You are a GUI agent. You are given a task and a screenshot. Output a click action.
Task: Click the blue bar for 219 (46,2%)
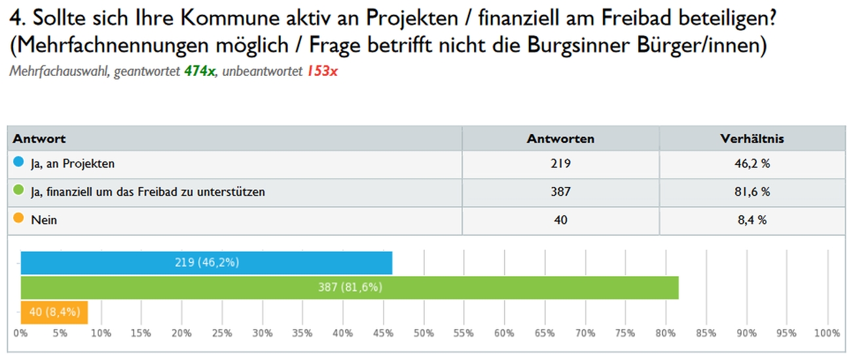pos(206,262)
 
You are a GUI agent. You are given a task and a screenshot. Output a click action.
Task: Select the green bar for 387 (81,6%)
pos(350,287)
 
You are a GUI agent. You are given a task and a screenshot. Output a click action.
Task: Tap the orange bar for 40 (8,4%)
pos(54,312)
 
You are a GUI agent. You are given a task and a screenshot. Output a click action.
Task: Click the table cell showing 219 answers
pos(560,164)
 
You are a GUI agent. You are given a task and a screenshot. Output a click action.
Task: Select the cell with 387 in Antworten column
pos(560,192)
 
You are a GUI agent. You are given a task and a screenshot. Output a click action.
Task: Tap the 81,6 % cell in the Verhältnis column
pos(751,192)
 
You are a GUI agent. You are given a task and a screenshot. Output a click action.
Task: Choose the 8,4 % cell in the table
pos(751,220)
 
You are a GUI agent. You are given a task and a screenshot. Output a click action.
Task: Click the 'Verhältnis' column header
pos(751,139)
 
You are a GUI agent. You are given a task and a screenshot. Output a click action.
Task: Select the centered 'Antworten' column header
pos(560,139)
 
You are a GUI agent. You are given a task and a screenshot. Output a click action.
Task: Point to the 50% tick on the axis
pos(424,333)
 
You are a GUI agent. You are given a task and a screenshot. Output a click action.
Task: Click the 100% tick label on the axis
pos(827,333)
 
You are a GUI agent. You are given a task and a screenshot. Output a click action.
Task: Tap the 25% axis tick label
pos(222,333)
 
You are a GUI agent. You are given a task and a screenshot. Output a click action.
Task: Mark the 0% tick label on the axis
pos(21,333)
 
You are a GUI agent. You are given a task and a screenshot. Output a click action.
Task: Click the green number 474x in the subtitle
pos(200,71)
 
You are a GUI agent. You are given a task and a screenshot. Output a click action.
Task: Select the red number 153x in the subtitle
pos(322,71)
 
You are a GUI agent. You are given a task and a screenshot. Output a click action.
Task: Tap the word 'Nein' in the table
pos(44,220)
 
